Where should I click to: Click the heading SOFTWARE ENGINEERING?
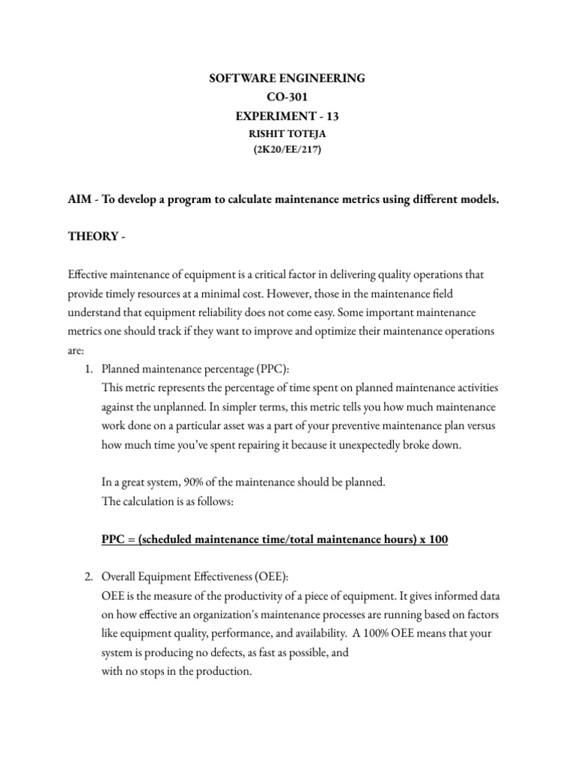(x=287, y=78)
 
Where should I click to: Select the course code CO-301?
(x=287, y=97)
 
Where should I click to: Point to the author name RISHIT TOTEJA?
(x=287, y=134)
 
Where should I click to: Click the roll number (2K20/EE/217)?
(x=287, y=151)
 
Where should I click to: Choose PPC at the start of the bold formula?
(x=114, y=539)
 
